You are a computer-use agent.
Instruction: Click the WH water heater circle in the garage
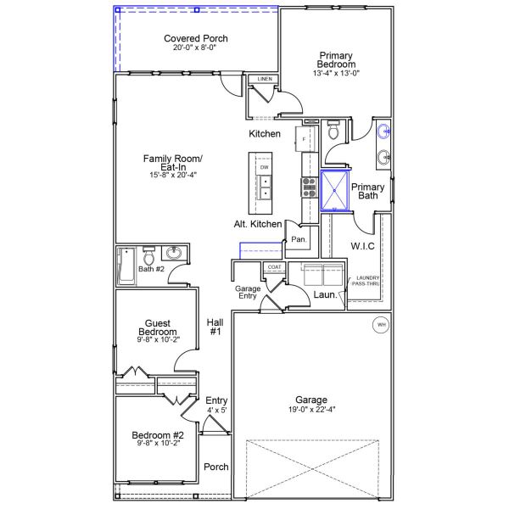[x=380, y=325]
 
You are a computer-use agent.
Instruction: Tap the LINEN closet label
[x=265, y=80]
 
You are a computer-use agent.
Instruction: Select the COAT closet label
[x=274, y=267]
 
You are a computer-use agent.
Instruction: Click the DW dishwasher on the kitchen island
[x=265, y=168]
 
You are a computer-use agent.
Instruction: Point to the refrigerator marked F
[x=305, y=138]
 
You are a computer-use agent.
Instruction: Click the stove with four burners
[x=307, y=187]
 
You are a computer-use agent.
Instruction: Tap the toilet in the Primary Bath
[x=333, y=131]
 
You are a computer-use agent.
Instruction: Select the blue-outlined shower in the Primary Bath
[x=336, y=190]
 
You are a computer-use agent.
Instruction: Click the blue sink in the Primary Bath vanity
[x=384, y=131]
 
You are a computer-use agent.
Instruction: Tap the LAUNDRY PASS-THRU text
[x=367, y=281]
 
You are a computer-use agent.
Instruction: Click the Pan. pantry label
[x=298, y=240]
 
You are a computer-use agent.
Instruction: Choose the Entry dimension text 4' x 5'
[x=216, y=411]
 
